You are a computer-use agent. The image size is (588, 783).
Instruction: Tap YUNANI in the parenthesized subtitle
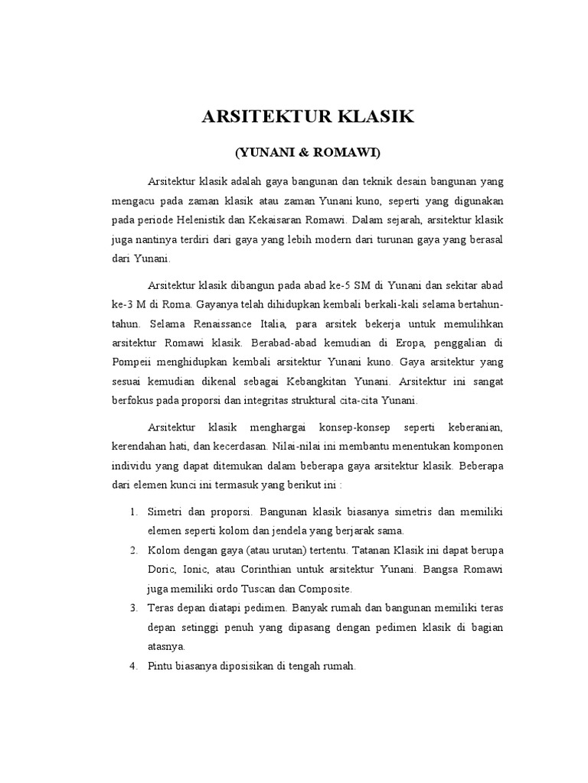[270, 153]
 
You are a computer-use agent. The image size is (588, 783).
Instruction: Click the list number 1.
[132, 511]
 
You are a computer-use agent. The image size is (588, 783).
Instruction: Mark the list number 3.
[132, 608]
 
